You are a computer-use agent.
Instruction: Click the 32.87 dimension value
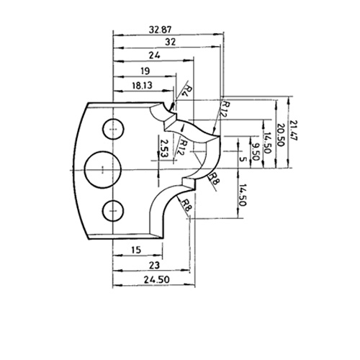(161, 30)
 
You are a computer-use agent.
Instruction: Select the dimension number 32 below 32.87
(171, 42)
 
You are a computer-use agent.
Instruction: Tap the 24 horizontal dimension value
(154, 55)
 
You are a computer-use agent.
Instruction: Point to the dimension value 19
(145, 71)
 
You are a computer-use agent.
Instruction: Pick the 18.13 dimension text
(142, 86)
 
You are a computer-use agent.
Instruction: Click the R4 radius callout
(189, 91)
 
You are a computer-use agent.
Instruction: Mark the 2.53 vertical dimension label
(164, 148)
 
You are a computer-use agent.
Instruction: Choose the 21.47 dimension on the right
(294, 130)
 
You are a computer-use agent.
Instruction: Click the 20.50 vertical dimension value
(280, 135)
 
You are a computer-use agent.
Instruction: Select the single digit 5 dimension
(243, 159)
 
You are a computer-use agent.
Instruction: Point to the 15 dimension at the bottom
(136, 250)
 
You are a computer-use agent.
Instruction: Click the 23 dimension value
(154, 266)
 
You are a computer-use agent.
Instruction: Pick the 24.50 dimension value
(157, 279)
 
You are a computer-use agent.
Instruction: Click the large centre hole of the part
(103, 170)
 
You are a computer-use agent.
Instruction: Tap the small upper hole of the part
(113, 129)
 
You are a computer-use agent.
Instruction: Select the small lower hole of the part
(113, 210)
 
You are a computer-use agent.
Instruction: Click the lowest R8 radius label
(186, 205)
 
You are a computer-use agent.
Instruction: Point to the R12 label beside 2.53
(181, 148)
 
